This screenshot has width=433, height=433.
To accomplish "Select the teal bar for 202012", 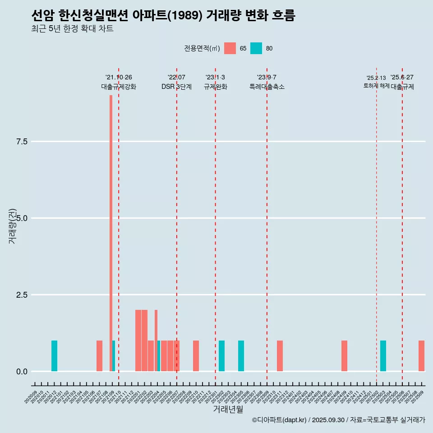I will point(54,356).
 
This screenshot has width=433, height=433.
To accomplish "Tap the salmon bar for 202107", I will point(99,356).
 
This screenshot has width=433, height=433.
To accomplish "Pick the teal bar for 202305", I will point(241,356).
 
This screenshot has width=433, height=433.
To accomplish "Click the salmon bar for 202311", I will point(280,356).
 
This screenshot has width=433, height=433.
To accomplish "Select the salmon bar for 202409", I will point(344,356).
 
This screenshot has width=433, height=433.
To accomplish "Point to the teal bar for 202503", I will point(383,356).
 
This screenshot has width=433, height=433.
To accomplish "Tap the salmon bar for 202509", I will point(421,356).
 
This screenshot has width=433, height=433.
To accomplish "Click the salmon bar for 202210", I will point(196,356).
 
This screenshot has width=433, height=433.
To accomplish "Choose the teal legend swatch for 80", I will point(256,48).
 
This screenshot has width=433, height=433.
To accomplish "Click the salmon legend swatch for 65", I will point(230,48).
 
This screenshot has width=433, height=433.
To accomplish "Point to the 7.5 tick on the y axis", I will point(22,142).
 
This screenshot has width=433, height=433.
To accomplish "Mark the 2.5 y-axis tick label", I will point(22,295).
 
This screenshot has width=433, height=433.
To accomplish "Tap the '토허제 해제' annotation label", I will point(376,86).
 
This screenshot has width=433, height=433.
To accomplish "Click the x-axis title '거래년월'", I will point(228,410).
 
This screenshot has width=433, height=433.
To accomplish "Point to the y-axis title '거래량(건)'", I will point(12,226).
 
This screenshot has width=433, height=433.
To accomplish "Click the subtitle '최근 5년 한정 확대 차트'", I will point(72,29).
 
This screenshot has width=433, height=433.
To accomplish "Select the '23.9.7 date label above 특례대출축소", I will point(267,78).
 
